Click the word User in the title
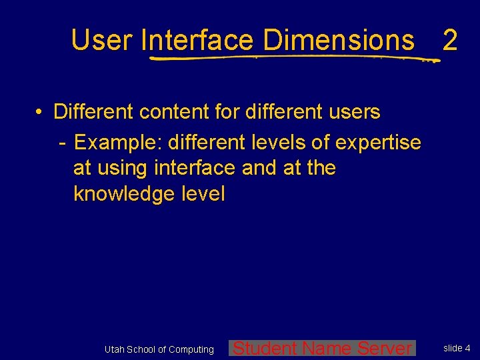(102, 40)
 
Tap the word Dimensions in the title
(339, 40)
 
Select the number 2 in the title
(450, 41)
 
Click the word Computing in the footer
(191, 349)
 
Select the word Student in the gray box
(265, 348)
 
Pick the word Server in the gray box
(385, 348)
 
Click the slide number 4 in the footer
(467, 348)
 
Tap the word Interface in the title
(198, 40)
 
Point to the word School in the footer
(141, 349)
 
